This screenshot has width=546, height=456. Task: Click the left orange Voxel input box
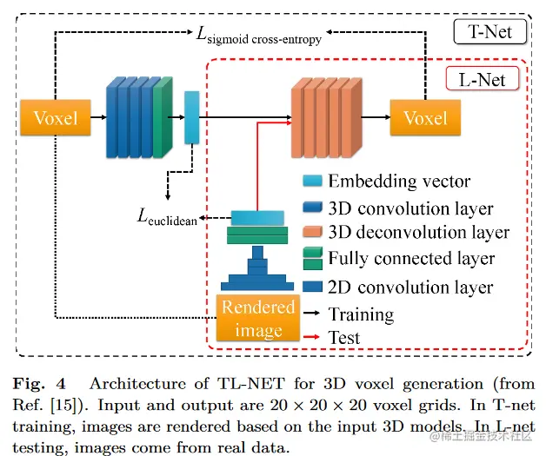click(x=55, y=117)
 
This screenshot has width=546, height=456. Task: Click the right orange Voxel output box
click(x=425, y=117)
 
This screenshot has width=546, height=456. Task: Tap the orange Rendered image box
click(x=258, y=319)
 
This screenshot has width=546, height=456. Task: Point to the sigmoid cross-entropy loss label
click(x=258, y=36)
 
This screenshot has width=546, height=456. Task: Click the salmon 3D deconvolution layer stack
click(x=323, y=116)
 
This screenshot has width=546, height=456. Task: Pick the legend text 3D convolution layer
click(x=410, y=208)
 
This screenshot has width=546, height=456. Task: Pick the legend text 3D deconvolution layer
click(x=418, y=233)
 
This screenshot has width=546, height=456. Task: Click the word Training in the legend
click(x=361, y=314)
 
